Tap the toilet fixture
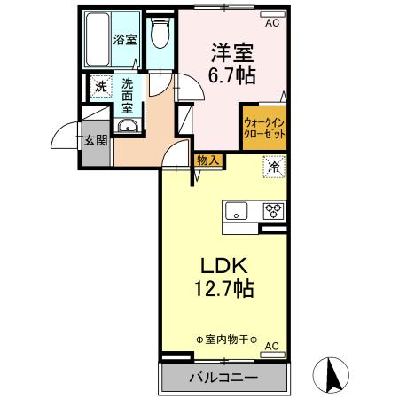[160, 36]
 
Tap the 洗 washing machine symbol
[100, 88]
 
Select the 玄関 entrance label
[95, 140]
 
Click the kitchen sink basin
[237, 211]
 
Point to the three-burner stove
[271, 211]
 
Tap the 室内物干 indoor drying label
[226, 340]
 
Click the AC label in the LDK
[272, 346]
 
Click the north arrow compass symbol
[335, 374]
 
